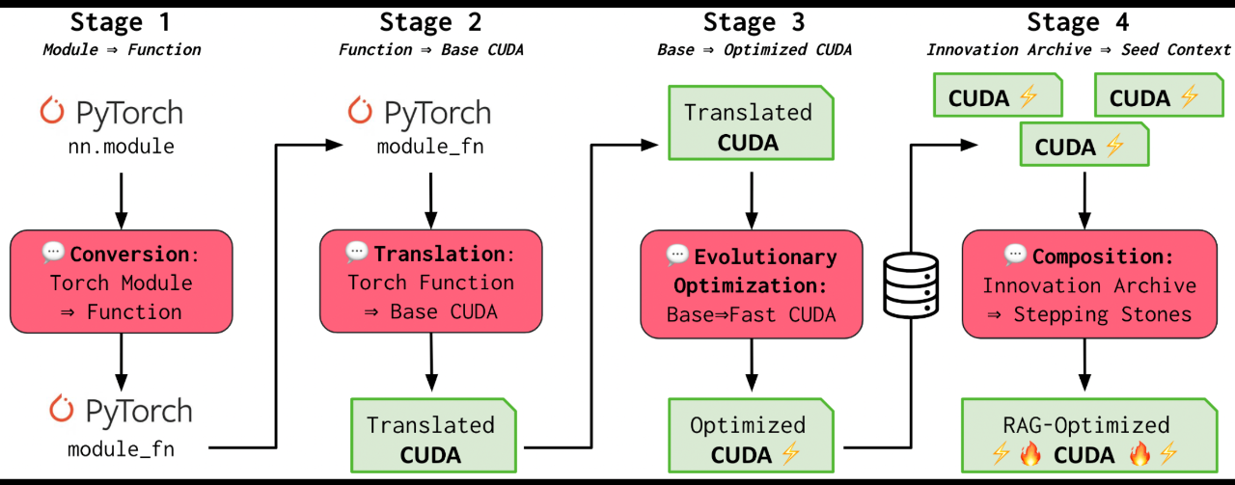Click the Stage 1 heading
click(x=120, y=22)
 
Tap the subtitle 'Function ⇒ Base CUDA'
click(x=430, y=50)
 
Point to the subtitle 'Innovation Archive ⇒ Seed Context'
click(x=1078, y=50)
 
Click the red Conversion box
click(x=121, y=283)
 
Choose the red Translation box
click(x=430, y=282)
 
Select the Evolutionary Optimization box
click(x=752, y=285)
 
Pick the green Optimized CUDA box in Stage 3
click(x=749, y=440)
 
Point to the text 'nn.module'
click(x=120, y=146)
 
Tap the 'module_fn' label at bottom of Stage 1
click(x=121, y=449)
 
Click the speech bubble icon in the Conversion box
click(x=54, y=253)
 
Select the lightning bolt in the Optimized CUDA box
click(x=790, y=454)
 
